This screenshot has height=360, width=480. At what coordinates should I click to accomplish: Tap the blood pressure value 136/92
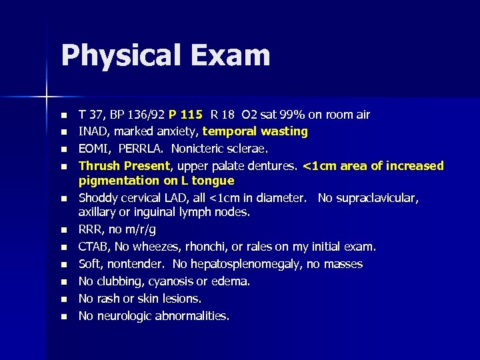pyautogui.click(x=142, y=115)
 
